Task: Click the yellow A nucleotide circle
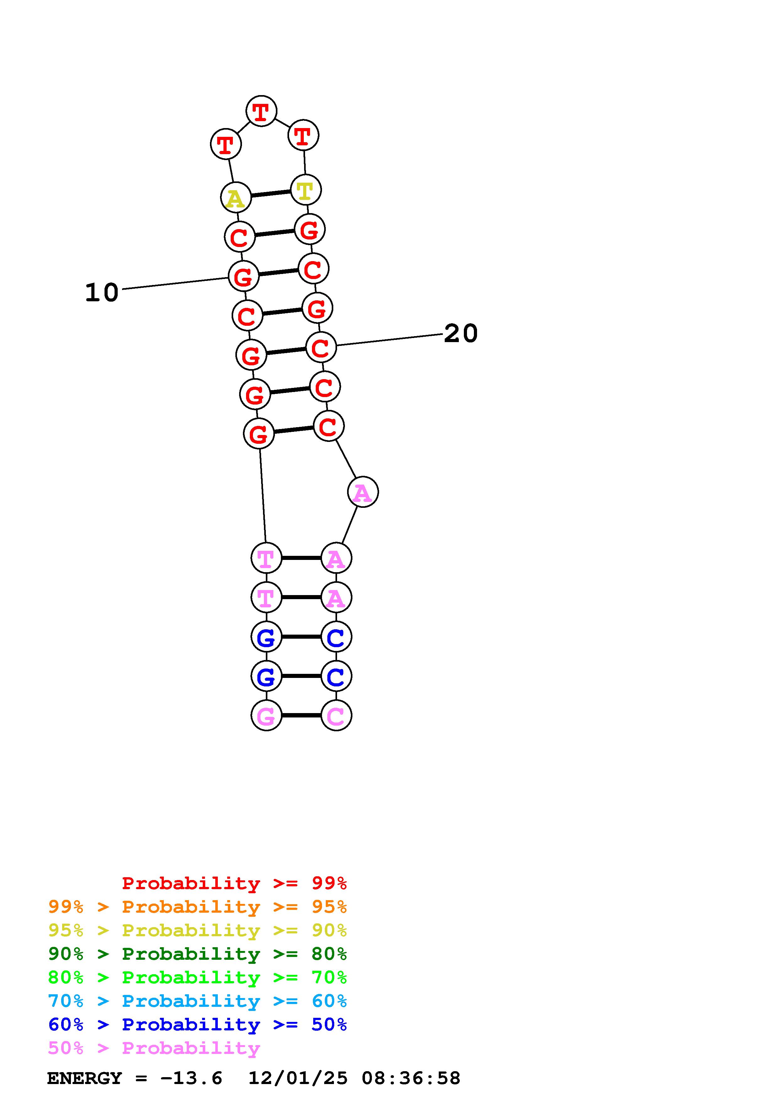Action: pos(235,197)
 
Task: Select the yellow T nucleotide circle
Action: pos(305,190)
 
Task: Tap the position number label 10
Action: pos(102,293)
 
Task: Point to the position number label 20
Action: pos(461,333)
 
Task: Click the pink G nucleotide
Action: pos(266,715)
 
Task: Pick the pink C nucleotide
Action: pos(336,715)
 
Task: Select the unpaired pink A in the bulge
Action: pos(363,491)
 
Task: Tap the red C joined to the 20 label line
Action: pos(321,347)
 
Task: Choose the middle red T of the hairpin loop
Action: pos(261,111)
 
